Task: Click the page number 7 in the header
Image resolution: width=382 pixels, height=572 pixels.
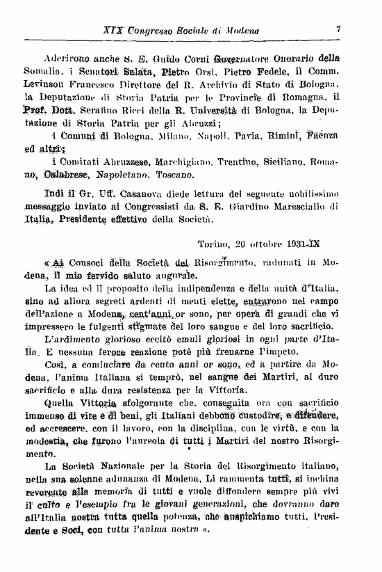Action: pyautogui.click(x=338, y=30)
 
